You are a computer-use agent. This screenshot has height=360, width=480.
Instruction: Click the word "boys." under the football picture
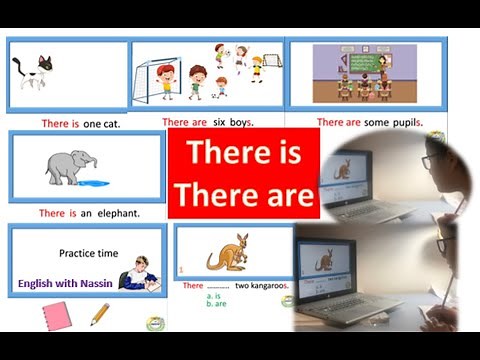[239, 122]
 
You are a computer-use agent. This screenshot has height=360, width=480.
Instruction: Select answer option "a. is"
[213, 295]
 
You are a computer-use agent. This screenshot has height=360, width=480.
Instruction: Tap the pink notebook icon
[56, 316]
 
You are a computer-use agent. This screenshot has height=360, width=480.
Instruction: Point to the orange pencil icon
[100, 315]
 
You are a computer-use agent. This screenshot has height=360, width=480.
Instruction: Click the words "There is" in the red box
[243, 153]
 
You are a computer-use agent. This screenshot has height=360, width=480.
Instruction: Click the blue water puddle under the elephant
[96, 182]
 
